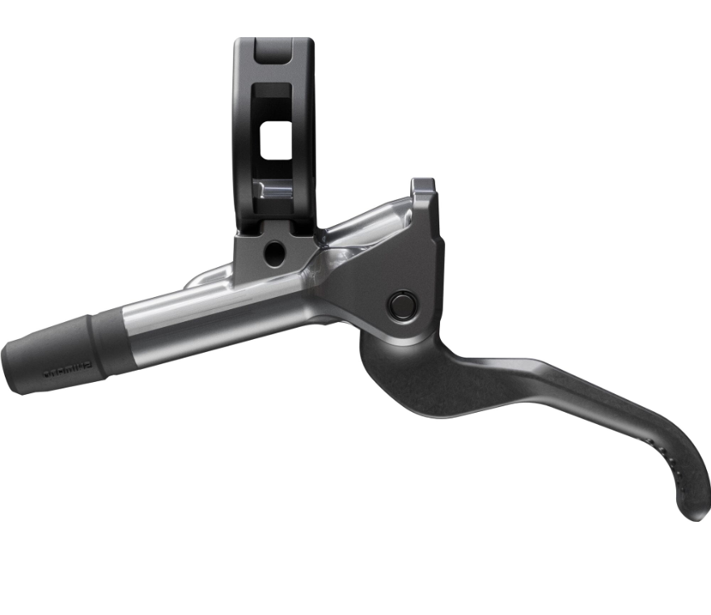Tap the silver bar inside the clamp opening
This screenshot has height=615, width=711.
[x=275, y=191]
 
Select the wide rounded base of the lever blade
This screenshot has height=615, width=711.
[x=404, y=372]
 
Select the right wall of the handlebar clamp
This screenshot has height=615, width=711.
[x=304, y=138]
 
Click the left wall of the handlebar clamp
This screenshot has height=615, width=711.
[x=243, y=138]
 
